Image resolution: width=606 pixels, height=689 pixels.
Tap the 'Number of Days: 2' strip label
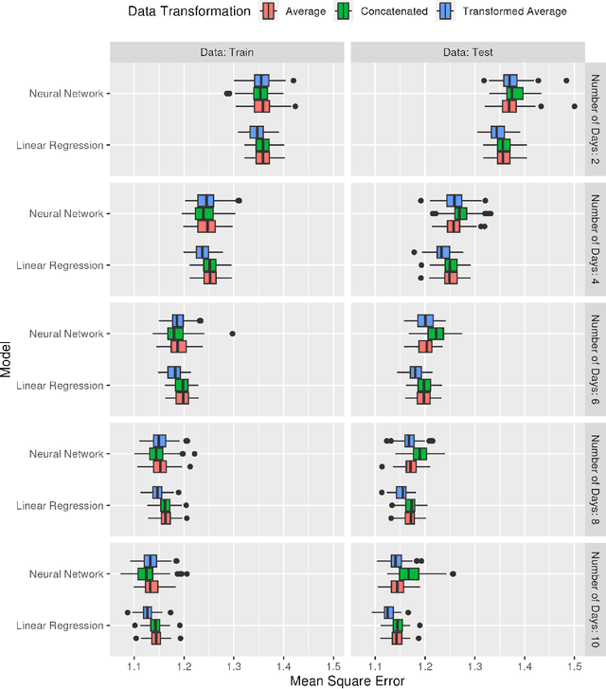pyautogui.click(x=595, y=119)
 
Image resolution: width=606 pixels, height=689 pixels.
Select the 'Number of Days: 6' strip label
pyautogui.click(x=595, y=360)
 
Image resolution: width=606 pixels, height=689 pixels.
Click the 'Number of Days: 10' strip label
pyautogui.click(x=595, y=600)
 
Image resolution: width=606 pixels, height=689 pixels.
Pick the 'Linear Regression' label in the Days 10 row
pyautogui.click(x=61, y=626)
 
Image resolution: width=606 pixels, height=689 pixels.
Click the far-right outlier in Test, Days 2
pyautogui.click(x=574, y=106)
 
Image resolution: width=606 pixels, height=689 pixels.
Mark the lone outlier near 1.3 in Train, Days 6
pyautogui.click(x=233, y=334)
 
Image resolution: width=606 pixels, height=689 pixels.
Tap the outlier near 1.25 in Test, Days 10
pyautogui.click(x=452, y=573)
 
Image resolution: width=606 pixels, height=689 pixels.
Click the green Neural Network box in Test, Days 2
pyautogui.click(x=514, y=93)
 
